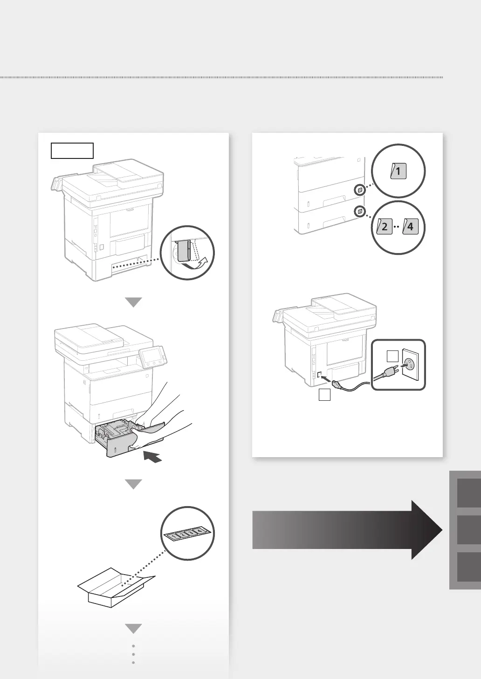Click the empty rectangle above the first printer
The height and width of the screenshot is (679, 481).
point(72,151)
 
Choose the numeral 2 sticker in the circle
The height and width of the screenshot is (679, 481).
point(385,228)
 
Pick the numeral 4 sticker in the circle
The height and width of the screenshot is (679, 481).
point(409,228)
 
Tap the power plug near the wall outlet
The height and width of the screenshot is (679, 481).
point(387,372)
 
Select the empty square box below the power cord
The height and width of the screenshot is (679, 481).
point(324,395)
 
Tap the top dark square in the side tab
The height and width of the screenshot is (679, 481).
point(469,493)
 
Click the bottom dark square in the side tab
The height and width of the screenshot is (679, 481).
point(469,567)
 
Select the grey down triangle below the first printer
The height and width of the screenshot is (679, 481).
point(134,302)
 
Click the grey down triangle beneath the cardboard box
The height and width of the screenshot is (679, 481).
point(134,629)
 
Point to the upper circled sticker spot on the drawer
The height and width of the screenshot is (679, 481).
point(360,190)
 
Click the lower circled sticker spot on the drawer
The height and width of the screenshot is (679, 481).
point(360,212)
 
